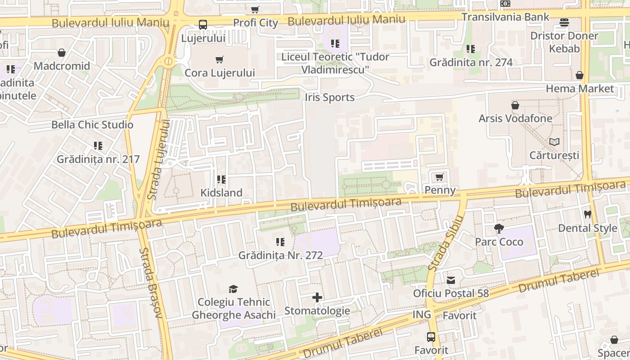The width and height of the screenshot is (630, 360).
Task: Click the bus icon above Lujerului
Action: (x=203, y=25)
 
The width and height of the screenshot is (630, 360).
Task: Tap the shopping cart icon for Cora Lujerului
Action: (x=220, y=59)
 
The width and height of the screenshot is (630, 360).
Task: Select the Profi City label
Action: (x=256, y=22)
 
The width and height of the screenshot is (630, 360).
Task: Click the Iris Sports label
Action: (x=329, y=98)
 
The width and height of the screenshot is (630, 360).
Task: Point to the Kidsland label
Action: (x=221, y=193)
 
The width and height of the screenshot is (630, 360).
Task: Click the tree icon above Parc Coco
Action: (x=499, y=229)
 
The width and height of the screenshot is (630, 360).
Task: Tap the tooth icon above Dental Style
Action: (x=587, y=215)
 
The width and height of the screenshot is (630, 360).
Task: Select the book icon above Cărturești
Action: (x=554, y=142)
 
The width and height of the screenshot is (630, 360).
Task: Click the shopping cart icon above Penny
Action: (x=440, y=177)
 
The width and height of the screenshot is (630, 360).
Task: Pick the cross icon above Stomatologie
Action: (x=317, y=297)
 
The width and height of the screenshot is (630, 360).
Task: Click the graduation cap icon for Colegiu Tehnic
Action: (x=233, y=289)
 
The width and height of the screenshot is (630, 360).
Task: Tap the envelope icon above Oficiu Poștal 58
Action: (x=451, y=280)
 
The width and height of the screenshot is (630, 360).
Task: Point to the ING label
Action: (x=422, y=315)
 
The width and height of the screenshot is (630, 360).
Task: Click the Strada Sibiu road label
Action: (x=445, y=243)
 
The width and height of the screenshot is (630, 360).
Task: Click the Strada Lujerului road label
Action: (x=158, y=160)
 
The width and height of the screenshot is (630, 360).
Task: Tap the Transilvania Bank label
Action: (x=505, y=17)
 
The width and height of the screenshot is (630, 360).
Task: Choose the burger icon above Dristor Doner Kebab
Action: (x=564, y=22)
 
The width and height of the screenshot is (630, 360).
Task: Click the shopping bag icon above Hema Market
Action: (x=580, y=75)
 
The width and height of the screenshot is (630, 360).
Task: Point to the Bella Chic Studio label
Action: (x=92, y=125)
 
